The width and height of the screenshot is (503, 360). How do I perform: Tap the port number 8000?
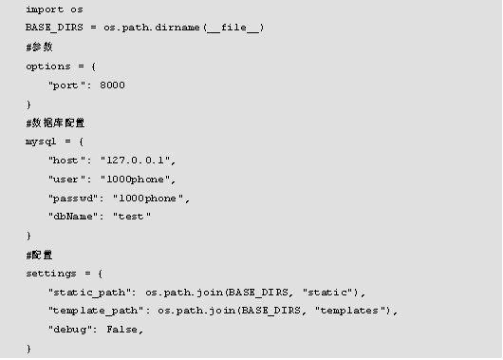(x=112, y=85)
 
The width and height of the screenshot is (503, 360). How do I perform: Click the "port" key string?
(x=65, y=85)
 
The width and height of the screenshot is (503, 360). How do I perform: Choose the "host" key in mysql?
(x=65, y=160)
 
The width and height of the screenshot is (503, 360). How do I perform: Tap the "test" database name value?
(x=133, y=217)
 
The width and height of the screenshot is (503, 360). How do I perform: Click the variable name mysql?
(x=41, y=141)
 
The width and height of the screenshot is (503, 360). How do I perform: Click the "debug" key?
(x=69, y=330)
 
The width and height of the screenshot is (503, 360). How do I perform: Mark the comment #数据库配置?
(x=59, y=123)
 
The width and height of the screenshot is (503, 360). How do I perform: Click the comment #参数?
(x=39, y=47)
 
